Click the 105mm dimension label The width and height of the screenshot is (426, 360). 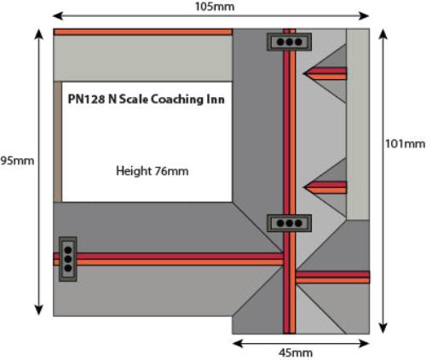click(x=215, y=7)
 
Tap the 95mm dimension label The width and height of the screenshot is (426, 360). click(x=17, y=161)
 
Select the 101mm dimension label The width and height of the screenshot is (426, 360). click(x=406, y=144)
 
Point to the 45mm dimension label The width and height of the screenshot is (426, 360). click(x=296, y=353)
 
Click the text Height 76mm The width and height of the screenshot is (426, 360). click(x=153, y=171)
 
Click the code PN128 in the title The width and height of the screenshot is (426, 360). click(x=86, y=99)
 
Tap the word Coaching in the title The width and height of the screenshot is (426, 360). click(x=176, y=100)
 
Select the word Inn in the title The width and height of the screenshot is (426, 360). click(x=214, y=99)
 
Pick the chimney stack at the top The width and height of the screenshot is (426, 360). click(x=289, y=42)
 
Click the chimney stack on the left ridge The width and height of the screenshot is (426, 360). click(x=68, y=259)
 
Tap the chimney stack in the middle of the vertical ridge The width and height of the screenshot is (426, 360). click(x=289, y=223)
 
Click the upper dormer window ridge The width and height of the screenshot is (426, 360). click(x=325, y=73)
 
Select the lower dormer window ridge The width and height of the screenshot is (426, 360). click(x=325, y=187)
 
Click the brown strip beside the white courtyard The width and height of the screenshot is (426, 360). click(x=58, y=142)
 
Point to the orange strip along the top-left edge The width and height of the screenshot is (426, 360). click(x=143, y=31)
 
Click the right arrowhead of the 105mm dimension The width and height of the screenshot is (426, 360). click(x=364, y=16)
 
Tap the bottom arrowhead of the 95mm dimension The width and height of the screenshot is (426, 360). click(x=38, y=310)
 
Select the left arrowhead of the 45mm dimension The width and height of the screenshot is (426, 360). click(x=238, y=344)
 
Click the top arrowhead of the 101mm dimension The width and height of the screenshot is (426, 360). click(x=383, y=34)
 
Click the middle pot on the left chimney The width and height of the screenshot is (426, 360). click(x=68, y=259)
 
